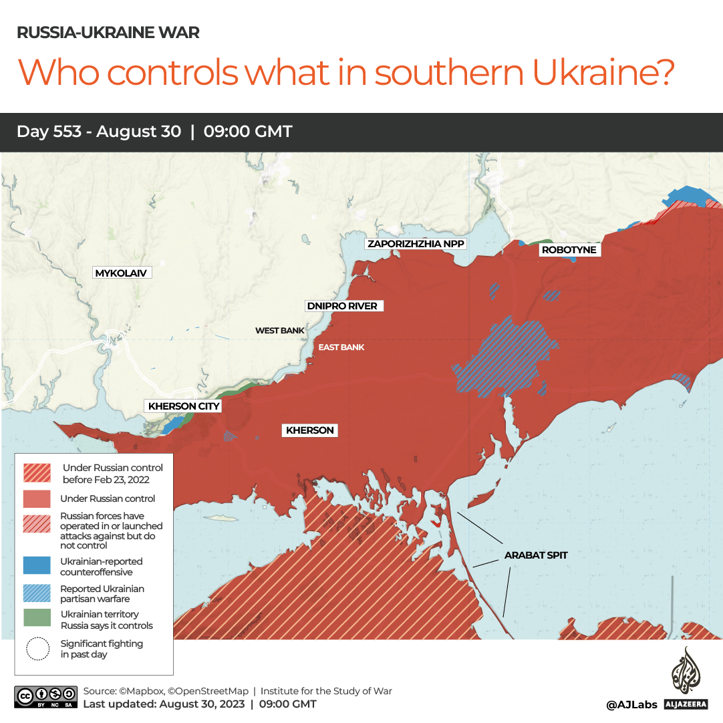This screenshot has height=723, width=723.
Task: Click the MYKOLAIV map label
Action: pyautogui.click(x=121, y=273)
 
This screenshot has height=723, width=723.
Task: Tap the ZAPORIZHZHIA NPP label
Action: pyautogui.click(x=416, y=244)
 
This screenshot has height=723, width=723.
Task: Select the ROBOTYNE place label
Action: pyautogui.click(x=569, y=250)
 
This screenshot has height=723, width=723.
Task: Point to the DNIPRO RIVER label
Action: pyautogui.click(x=341, y=306)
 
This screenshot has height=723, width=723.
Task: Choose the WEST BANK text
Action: pyautogui.click(x=279, y=331)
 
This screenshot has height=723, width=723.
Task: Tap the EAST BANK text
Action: pyautogui.click(x=341, y=347)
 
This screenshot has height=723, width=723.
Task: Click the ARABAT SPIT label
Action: pyautogui.click(x=536, y=555)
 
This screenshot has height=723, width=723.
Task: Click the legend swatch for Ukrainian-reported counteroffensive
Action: pyautogui.click(x=36, y=566)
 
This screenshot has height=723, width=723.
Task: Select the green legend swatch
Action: pyautogui.click(x=36, y=618)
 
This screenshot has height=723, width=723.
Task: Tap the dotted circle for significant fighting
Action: pyautogui.click(x=38, y=648)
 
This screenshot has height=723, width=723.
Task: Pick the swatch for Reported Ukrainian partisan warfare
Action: pyautogui.click(x=36, y=593)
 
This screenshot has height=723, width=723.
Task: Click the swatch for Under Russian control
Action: pyautogui.click(x=36, y=498)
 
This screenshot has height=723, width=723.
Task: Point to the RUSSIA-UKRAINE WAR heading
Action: pyautogui.click(x=108, y=33)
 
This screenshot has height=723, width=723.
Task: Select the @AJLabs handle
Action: pyautogui.click(x=631, y=704)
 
